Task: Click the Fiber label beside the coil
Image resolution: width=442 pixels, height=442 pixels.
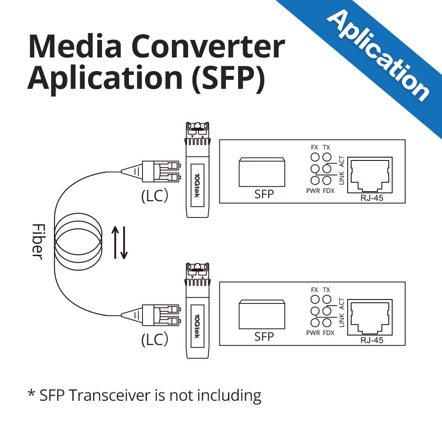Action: tap(38, 241)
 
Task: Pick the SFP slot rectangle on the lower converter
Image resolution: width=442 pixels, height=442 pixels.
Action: tap(262, 314)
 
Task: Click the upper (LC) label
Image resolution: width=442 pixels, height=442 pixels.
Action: tap(154, 196)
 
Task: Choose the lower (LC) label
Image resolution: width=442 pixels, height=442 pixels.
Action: tap(154, 340)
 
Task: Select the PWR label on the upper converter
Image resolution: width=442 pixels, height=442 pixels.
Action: tap(314, 191)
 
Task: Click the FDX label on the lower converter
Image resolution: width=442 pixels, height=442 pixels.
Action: tap(328, 333)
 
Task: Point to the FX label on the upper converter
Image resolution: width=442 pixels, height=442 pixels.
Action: tap(314, 147)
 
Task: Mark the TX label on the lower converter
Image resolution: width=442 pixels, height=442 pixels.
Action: tap(326, 290)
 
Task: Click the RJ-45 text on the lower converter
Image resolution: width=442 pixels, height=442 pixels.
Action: tap(371, 340)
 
